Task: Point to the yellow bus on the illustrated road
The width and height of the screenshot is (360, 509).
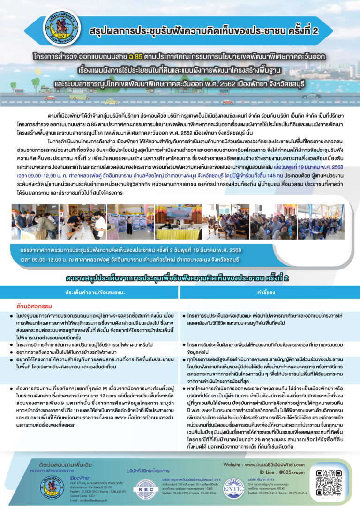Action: [x=79, y=96]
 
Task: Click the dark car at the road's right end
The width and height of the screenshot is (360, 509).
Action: [x=311, y=96]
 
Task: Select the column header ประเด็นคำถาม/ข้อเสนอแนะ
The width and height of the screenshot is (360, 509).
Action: [x=90, y=292]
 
